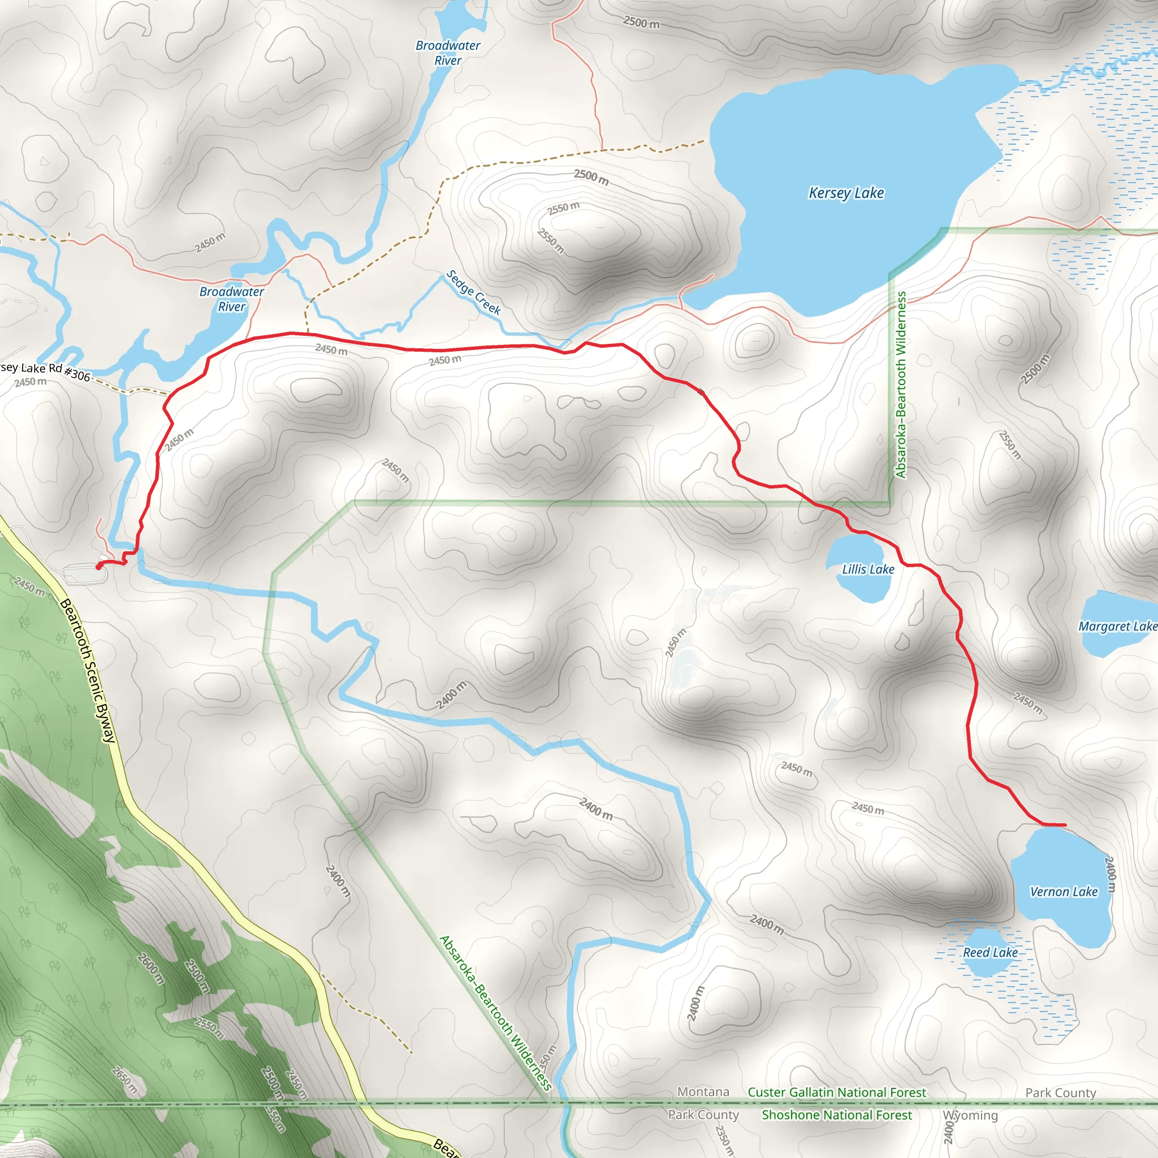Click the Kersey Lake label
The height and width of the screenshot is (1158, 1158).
846,193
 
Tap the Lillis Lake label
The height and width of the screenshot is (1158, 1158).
868,569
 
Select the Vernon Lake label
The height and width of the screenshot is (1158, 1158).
1064,891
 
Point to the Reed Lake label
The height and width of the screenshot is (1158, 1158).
990,952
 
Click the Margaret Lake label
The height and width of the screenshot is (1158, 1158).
1117,626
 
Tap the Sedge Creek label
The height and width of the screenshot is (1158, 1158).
473,292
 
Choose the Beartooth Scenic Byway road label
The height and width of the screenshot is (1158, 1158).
88,671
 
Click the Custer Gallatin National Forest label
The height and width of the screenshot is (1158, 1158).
837,1092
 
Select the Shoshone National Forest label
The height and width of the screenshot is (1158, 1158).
837,1115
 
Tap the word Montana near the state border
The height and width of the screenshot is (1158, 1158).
703,1091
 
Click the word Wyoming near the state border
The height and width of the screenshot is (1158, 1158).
970,1115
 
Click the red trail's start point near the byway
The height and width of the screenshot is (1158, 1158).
99,566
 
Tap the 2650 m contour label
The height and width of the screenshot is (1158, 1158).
124,1079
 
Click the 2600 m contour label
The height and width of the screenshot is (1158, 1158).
150,969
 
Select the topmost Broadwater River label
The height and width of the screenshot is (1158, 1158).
448,53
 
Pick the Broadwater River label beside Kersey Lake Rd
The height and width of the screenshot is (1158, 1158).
231,299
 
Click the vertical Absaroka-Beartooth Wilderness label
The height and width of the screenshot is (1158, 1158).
900,385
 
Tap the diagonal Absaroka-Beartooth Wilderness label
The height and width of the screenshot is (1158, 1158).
495,1013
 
